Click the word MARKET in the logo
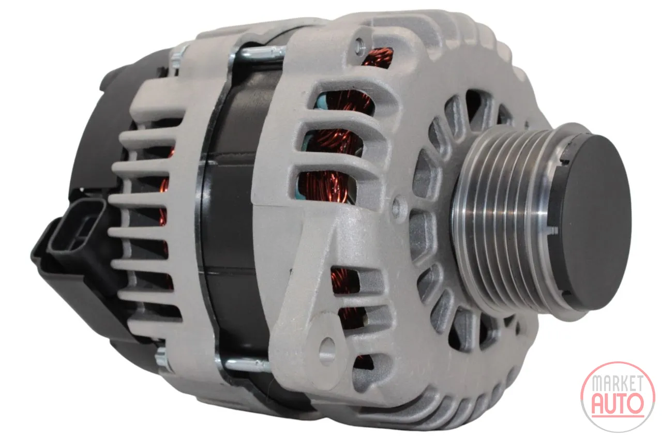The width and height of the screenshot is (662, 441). point(618,383)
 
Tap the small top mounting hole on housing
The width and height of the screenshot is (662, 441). point(359,45)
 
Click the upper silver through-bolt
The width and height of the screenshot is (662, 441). point(260,53)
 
